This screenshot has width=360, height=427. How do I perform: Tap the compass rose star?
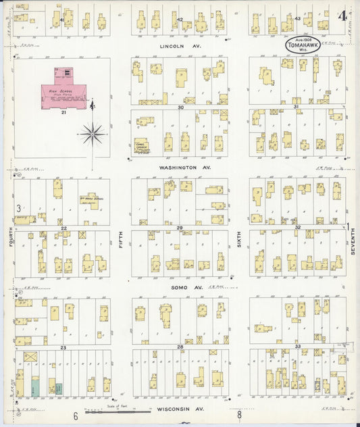(x=91, y=134)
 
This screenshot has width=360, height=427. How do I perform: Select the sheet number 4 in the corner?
(x=344, y=15)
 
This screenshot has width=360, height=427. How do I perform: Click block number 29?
(x=180, y=228)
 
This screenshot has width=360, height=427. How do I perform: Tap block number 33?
(x=297, y=346)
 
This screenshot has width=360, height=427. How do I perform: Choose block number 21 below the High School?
(x=63, y=112)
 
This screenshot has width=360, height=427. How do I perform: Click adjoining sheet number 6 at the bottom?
(x=76, y=416)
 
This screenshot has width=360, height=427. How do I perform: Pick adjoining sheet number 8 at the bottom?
(x=238, y=416)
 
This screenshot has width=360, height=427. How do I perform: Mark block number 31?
(x=296, y=107)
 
